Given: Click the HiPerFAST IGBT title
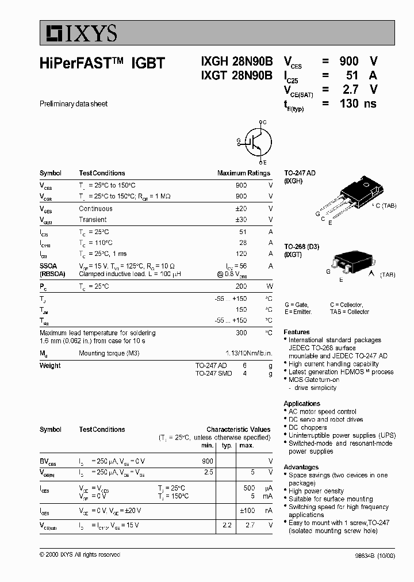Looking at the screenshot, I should [102, 64].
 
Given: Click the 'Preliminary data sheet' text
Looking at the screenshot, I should [74, 104].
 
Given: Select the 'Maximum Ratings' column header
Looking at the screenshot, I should [243, 173].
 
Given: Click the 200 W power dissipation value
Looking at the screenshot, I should [241, 286].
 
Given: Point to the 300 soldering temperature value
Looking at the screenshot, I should [241, 333].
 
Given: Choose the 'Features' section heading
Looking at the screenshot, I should [296, 332].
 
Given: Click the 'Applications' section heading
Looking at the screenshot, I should [301, 404].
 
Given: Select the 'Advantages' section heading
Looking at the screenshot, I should [301, 467].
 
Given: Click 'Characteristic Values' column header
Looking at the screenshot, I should [238, 430].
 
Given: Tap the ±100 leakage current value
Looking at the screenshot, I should [247, 510].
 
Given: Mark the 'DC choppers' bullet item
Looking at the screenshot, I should [307, 428].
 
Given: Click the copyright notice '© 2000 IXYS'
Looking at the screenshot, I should [79, 554].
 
